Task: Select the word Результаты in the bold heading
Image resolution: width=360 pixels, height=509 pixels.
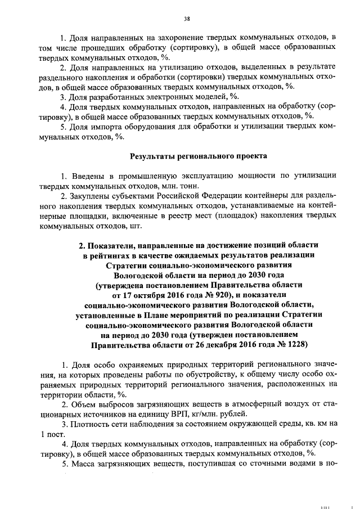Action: (x=156, y=156)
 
